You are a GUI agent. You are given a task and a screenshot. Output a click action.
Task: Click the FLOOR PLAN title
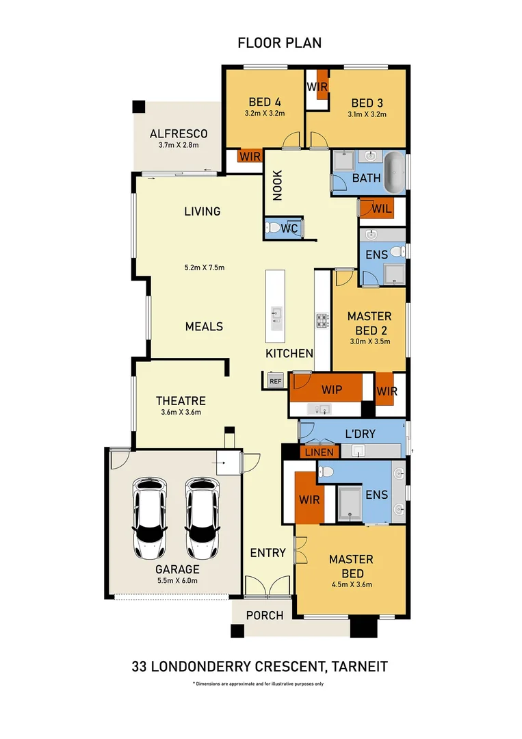(x=279, y=43)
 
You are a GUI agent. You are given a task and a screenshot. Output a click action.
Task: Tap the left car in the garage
(x=149, y=517)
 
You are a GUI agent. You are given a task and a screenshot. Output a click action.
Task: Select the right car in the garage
(x=202, y=517)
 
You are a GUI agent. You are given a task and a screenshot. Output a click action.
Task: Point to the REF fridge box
(x=275, y=381)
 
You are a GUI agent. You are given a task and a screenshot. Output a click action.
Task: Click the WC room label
(x=289, y=229)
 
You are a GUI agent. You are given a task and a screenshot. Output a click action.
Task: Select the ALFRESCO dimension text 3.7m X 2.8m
(x=178, y=145)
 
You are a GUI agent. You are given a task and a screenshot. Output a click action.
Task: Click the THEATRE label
(x=181, y=401)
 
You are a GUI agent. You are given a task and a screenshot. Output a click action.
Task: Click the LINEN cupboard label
(x=319, y=452)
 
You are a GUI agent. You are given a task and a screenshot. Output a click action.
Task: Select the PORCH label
(x=265, y=615)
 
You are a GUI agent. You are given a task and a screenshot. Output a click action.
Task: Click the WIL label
(x=382, y=209)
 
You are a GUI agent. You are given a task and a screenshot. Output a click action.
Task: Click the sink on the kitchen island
(x=276, y=314)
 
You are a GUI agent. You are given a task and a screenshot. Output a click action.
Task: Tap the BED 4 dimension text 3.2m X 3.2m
(x=264, y=114)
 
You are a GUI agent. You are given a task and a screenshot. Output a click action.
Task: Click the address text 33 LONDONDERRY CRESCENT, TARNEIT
(x=260, y=666)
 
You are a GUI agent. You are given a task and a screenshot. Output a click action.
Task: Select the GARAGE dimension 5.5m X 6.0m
(x=177, y=581)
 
